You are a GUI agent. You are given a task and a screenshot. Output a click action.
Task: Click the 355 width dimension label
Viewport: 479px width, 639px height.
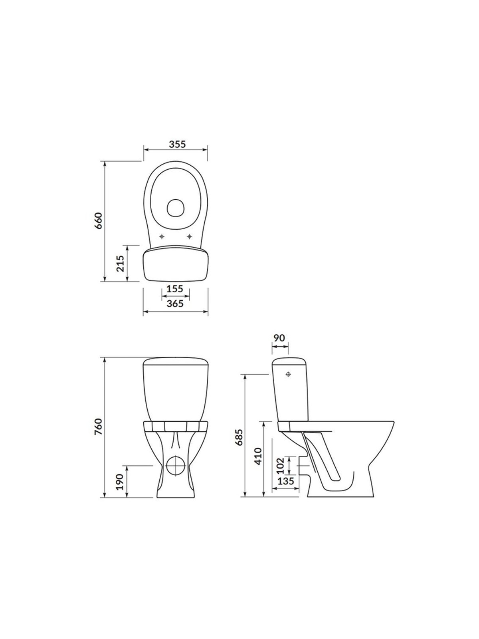[x=177, y=145]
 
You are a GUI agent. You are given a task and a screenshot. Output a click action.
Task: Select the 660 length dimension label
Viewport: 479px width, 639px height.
[x=99, y=221]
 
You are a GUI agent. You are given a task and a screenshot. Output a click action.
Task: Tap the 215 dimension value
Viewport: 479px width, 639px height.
[x=121, y=264]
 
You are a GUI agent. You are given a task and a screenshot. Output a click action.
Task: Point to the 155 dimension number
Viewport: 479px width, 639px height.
[x=175, y=289]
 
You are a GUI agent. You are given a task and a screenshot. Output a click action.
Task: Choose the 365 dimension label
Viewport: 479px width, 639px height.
[x=175, y=304]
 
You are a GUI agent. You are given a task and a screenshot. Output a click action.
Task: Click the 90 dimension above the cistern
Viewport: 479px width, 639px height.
[x=279, y=337]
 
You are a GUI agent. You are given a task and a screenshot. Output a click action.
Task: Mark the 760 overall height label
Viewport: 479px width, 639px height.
[x=99, y=427]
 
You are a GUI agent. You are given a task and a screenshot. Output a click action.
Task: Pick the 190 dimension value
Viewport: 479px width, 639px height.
[x=121, y=482]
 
